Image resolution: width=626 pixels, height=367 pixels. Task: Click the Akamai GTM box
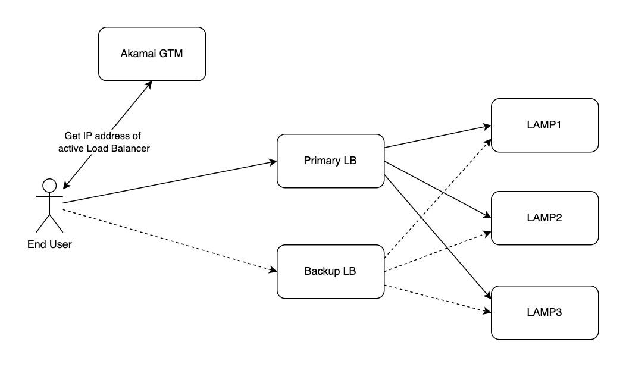click(152, 54)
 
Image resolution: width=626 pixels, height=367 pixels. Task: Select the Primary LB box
click(330, 161)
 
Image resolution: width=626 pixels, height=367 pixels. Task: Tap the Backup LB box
click(330, 271)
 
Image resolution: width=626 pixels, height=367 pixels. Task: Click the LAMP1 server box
click(544, 126)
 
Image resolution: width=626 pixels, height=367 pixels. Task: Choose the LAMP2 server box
click(544, 218)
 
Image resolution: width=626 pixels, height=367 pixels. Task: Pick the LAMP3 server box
click(544, 312)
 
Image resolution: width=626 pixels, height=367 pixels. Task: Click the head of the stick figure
click(49, 184)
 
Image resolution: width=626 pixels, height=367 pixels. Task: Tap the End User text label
click(49, 244)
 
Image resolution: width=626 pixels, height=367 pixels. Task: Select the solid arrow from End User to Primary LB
click(170, 182)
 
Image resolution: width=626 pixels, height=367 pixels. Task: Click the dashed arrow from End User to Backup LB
click(170, 238)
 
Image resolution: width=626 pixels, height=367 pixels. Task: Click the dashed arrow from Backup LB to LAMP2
click(437, 252)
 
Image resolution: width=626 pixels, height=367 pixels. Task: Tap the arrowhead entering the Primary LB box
click(273, 162)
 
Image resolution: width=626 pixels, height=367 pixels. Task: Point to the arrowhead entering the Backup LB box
click(273, 271)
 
